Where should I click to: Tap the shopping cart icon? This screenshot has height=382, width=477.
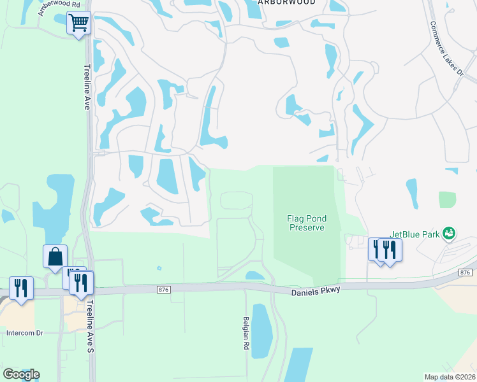pyautogui.click(x=78, y=24)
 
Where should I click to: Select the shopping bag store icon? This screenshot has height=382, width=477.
pyautogui.click(x=55, y=257)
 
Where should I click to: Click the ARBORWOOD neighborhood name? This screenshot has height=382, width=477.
pyautogui.click(x=279, y=3)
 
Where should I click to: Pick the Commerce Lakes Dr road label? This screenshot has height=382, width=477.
pyautogui.click(x=446, y=48)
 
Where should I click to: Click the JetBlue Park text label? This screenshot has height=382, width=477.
pyautogui.click(x=415, y=234)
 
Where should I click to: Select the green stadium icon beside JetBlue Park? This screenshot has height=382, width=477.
pyautogui.click(x=449, y=234)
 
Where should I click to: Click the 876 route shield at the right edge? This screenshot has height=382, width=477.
pyautogui.click(x=466, y=272)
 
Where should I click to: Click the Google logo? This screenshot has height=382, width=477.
pyautogui.click(x=21, y=374)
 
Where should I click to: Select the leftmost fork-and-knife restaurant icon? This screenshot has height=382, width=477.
pyautogui.click(x=21, y=288)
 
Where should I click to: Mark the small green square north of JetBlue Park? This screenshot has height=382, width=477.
pyautogui.click(x=448, y=199)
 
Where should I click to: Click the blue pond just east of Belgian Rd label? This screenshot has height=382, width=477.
pyautogui.click(x=261, y=331)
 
